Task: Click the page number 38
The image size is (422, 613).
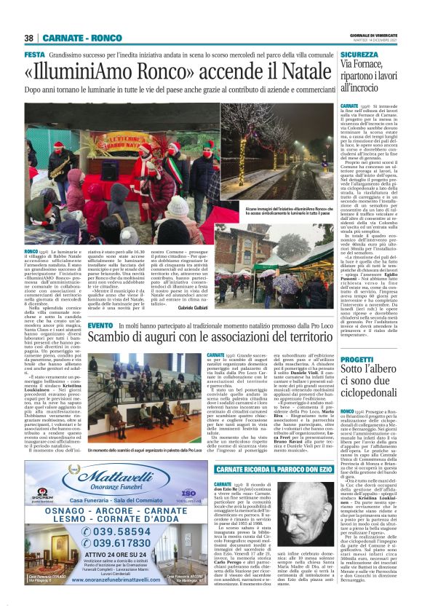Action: pyautogui.click(x=29, y=38)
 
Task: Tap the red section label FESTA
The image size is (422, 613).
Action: pyautogui.click(x=34, y=55)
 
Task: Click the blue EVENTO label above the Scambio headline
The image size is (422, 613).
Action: pyautogui.click(x=101, y=347)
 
